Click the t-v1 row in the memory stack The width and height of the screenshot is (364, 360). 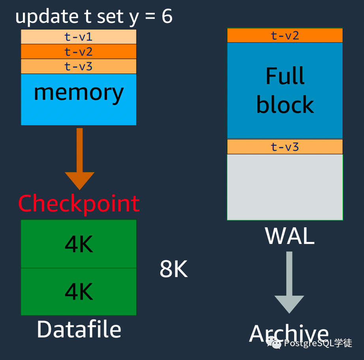point(79,37)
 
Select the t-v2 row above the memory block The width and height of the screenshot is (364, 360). point(79,51)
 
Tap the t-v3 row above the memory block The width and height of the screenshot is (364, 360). point(79,66)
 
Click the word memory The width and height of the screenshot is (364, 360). point(79,93)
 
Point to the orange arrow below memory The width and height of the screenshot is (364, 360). point(80,159)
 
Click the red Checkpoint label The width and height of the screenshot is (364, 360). point(79,203)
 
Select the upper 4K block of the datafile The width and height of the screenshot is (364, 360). point(79,244)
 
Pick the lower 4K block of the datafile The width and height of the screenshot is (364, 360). point(79,292)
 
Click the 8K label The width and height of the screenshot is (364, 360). point(174,269)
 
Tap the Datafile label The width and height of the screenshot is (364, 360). point(79,329)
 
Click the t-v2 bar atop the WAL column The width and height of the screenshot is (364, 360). point(285,35)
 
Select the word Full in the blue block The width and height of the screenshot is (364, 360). point(285,76)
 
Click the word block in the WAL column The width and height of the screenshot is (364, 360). point(285,105)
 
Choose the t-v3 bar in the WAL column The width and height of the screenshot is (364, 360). point(285,147)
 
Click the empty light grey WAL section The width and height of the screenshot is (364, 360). point(285,187)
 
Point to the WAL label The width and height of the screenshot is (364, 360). point(289,236)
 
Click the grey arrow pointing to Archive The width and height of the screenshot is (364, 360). point(289,282)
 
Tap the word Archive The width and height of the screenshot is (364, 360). point(289,333)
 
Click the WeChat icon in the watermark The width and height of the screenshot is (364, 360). point(274,343)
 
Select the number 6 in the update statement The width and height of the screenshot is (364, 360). point(167,16)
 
